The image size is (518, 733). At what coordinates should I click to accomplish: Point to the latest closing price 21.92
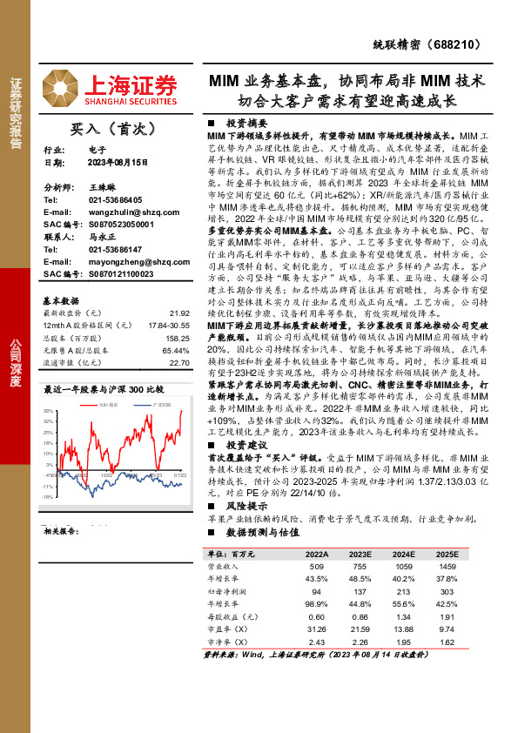(x=179, y=312)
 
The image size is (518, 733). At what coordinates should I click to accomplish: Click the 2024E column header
(x=402, y=554)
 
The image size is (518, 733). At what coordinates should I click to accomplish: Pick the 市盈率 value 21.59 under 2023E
(x=360, y=627)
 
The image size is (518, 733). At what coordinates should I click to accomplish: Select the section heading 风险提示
(x=246, y=504)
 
